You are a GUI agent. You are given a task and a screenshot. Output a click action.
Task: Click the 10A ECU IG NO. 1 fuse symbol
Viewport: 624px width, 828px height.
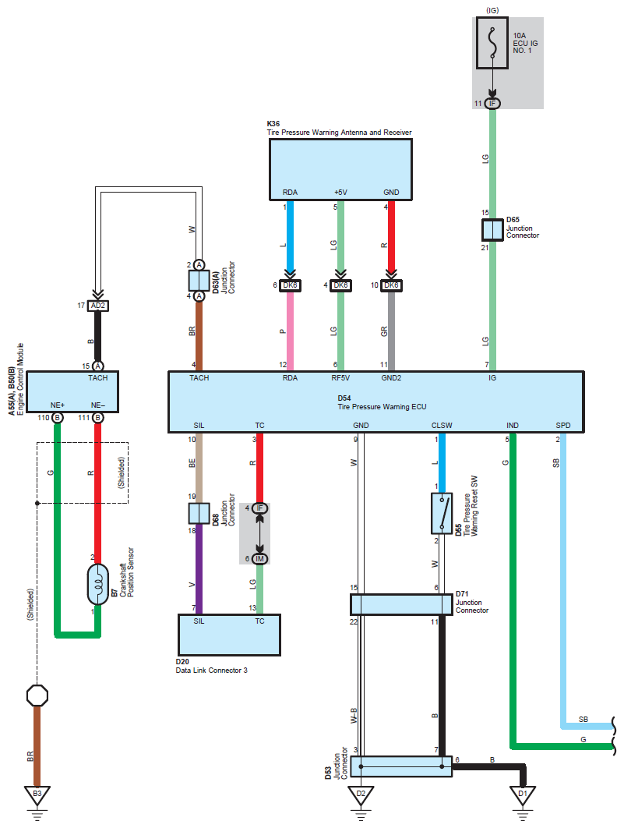tap(492, 43)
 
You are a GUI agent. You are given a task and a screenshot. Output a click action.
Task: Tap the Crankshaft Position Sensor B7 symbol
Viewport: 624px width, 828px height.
tap(97, 584)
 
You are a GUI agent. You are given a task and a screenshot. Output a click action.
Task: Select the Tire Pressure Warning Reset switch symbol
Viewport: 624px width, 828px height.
tap(442, 513)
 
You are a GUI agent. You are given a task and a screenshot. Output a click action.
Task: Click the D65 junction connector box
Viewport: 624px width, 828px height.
tap(492, 230)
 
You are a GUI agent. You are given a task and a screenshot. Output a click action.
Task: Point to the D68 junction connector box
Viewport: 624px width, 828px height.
tap(199, 513)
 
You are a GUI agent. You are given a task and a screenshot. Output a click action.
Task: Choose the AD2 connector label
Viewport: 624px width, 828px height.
tap(97, 306)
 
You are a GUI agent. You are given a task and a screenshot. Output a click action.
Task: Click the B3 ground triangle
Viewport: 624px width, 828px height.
tap(37, 795)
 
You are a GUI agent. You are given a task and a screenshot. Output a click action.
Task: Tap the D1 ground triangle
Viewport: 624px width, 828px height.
tap(523, 795)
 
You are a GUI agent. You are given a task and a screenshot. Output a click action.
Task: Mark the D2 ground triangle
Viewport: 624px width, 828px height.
tap(361, 795)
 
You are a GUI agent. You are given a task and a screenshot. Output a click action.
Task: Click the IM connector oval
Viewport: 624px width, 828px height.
tap(259, 559)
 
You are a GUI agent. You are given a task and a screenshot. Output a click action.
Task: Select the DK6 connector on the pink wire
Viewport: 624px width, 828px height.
tap(290, 285)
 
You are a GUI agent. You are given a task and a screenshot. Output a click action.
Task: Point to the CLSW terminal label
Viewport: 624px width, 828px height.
tap(442, 425)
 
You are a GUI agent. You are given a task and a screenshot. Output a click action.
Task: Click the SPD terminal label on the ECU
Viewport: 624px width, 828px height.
tap(562, 425)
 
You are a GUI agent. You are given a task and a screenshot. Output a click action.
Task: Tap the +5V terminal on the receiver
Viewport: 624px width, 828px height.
tap(340, 193)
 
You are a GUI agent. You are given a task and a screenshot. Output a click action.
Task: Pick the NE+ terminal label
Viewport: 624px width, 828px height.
tap(58, 405)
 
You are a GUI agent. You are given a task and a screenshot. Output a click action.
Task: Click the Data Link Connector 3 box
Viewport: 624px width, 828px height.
tap(229, 635)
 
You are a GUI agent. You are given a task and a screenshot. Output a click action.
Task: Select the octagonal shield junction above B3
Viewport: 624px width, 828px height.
tap(37, 695)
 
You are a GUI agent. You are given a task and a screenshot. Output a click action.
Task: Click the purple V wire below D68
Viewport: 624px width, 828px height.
tap(199, 568)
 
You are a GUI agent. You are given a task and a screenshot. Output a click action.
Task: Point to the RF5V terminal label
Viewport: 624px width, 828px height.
tap(340, 377)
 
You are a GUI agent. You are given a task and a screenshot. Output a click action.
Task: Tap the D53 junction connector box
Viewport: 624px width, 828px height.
tap(401, 766)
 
